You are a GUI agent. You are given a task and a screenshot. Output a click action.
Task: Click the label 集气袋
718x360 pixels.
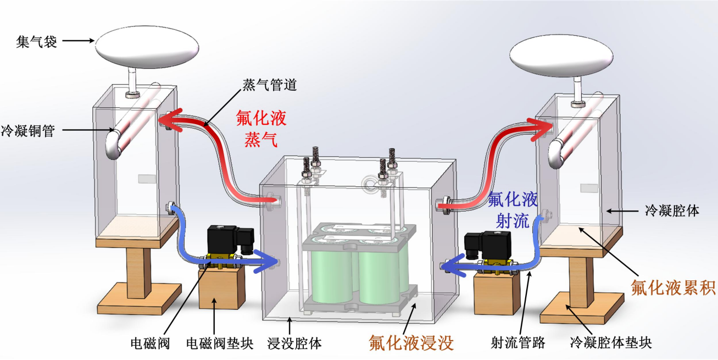[x=36, y=41]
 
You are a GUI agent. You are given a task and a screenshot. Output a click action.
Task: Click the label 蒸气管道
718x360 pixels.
[x=270, y=86]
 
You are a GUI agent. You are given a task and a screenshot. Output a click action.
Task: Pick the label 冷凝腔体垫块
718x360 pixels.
[x=611, y=344]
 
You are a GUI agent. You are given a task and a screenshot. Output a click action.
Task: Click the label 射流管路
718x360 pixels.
[x=517, y=344]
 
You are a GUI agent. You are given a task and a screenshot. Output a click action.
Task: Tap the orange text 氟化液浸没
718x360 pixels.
[x=411, y=344]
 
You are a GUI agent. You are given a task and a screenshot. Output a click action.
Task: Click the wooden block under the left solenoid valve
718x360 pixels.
[x=221, y=288]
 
